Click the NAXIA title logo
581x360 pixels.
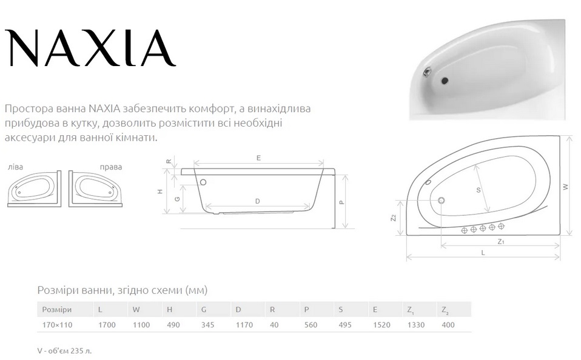click(x=90, y=47)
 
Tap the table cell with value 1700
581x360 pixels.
click(x=107, y=325)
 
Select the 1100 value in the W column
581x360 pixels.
click(x=141, y=325)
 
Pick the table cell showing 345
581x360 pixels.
click(x=207, y=325)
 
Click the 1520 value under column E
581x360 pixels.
click(x=381, y=325)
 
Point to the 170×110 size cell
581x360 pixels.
click(x=57, y=325)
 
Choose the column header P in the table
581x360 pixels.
click(x=306, y=310)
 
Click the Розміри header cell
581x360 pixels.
click(x=56, y=310)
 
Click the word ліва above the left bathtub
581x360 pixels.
click(x=15, y=167)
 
